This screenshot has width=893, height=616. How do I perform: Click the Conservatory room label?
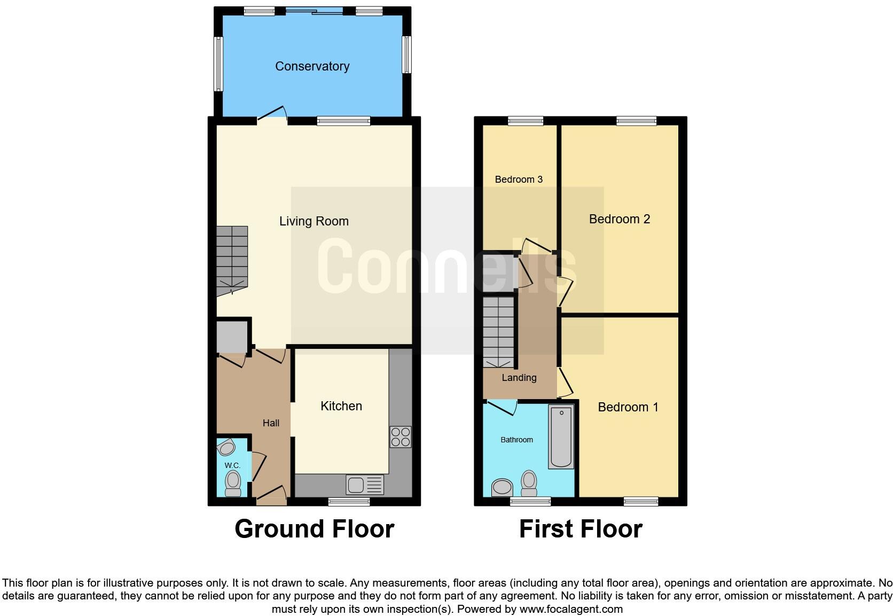click(x=312, y=66)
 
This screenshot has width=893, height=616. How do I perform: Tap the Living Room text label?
click(x=314, y=221)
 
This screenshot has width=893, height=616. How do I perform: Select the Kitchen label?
click(x=341, y=406)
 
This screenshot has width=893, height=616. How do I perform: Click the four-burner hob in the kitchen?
click(x=401, y=436)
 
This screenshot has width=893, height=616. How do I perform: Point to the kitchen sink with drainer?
click(x=365, y=485)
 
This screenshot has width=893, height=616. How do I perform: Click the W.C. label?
click(x=232, y=465)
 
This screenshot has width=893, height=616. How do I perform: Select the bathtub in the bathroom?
click(x=561, y=436)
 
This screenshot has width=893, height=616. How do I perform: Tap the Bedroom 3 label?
click(x=518, y=180)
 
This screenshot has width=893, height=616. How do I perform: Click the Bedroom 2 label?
click(x=619, y=219)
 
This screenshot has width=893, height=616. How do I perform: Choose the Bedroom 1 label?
click(x=628, y=407)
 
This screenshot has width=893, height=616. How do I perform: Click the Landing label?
click(x=519, y=378)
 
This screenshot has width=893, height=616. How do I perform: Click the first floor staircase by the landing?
click(x=498, y=332)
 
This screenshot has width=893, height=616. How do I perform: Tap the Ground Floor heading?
click(x=314, y=529)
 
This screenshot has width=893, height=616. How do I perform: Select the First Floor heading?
click(x=581, y=529)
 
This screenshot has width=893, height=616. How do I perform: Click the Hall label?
click(x=271, y=423)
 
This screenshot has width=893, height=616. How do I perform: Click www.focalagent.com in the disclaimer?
click(x=571, y=609)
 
